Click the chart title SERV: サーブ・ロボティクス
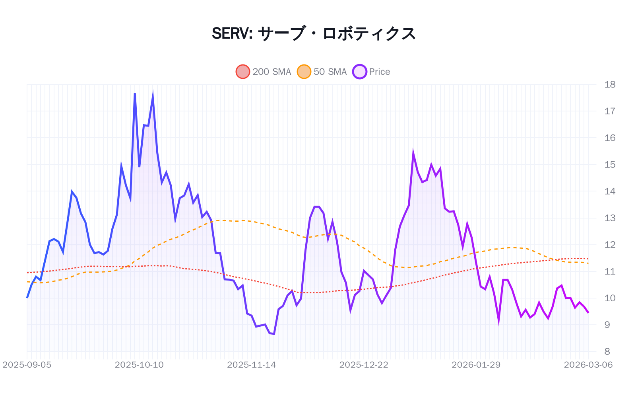pyautogui.click(x=314, y=33)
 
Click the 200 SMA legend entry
pyautogui.click(x=264, y=72)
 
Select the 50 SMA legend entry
pyautogui.click(x=322, y=72)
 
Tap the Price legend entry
pyautogui.click(x=371, y=72)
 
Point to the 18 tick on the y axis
pyautogui.click(x=609, y=84)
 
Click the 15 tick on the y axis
pyautogui.click(x=609, y=164)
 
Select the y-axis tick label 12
pyautogui.click(x=609, y=245)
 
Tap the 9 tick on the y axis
pyautogui.click(x=607, y=325)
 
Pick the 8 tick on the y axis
pyautogui.click(x=607, y=351)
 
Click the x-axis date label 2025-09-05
pyautogui.click(x=27, y=365)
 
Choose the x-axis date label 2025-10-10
pyautogui.click(x=139, y=365)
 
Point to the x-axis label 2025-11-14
pyautogui.click(x=251, y=365)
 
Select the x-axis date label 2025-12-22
pyautogui.click(x=364, y=365)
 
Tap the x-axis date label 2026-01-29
pyautogui.click(x=476, y=365)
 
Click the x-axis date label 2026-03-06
pyautogui.click(x=588, y=365)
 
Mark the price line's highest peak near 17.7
pyautogui.click(x=135, y=94)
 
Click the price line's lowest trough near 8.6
pyautogui.click(x=274, y=334)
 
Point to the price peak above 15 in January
pyautogui.click(x=413, y=153)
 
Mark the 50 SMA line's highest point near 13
pyautogui.click(x=221, y=220)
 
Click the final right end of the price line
pyautogui.click(x=588, y=313)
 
